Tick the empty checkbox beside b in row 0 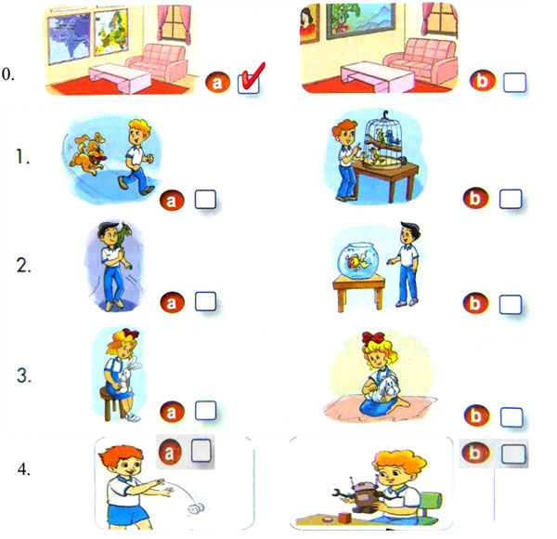[514, 83]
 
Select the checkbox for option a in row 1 [205, 199]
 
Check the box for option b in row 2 [511, 304]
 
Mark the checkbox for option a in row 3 [205, 411]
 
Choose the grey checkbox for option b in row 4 [513, 454]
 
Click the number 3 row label [24, 375]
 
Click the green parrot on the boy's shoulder [123, 235]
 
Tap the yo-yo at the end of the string [194, 509]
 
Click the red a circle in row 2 [172, 303]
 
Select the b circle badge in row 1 [475, 198]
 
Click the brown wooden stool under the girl [113, 403]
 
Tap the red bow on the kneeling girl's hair [373, 337]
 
